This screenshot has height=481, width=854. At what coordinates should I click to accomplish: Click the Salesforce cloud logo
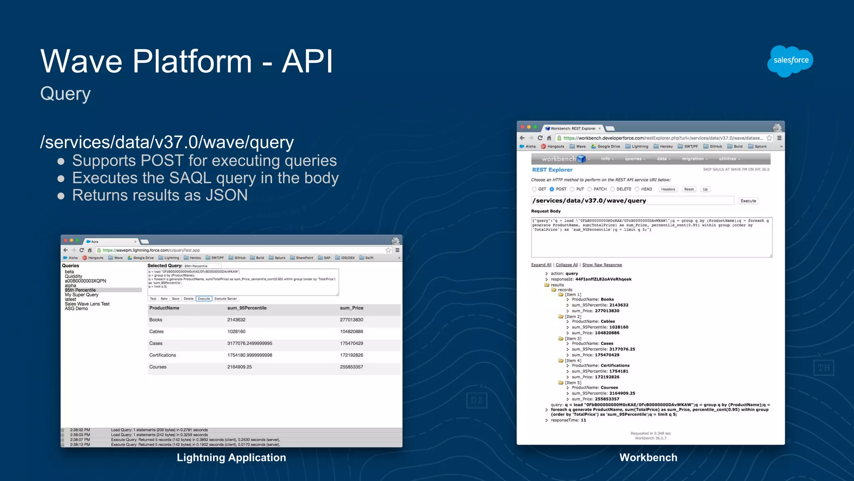coord(790,61)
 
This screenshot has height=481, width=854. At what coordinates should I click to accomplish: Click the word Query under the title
coord(65,94)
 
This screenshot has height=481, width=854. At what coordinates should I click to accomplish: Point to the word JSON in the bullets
coord(226,195)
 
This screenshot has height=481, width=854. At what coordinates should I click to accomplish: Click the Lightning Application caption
coord(231,458)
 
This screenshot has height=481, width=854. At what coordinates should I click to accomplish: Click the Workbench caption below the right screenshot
coord(648,458)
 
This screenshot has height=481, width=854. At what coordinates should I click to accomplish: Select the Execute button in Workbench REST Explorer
coord(748,201)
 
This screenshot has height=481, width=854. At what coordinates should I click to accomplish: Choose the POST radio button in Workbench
coord(552,189)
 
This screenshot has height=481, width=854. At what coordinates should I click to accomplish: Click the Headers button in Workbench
coord(668,189)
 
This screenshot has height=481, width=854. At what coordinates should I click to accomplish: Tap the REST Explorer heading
coord(552,170)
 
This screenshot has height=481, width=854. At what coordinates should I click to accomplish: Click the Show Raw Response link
coord(602,265)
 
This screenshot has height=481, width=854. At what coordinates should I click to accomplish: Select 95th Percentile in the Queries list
coord(80,290)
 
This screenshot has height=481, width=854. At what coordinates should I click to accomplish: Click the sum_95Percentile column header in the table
coord(247,308)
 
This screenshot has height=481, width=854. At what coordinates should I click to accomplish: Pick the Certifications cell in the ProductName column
coord(163,355)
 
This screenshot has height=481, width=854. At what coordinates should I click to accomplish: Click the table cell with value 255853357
coord(351,367)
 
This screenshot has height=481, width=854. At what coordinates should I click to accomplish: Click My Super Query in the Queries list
coord(81,295)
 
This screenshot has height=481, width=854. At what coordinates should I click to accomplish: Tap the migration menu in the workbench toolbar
coord(693,159)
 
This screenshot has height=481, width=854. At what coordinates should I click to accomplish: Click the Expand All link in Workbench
coord(541,265)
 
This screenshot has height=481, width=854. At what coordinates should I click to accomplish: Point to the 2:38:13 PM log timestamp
coord(80,445)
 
